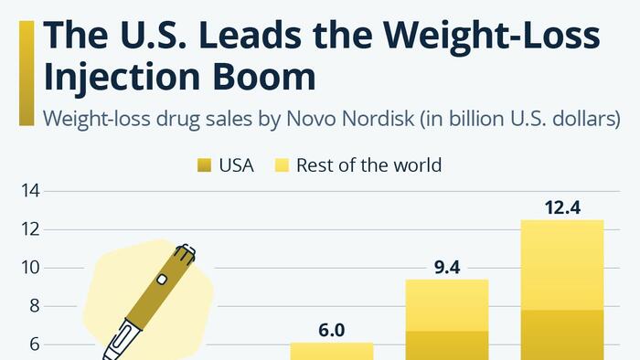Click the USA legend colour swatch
pyautogui.click(x=203, y=165)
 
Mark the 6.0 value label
pyautogui.click(x=331, y=330)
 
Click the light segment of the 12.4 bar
pyautogui.click(x=562, y=265)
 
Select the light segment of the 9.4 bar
pyautogui.click(x=447, y=305)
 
